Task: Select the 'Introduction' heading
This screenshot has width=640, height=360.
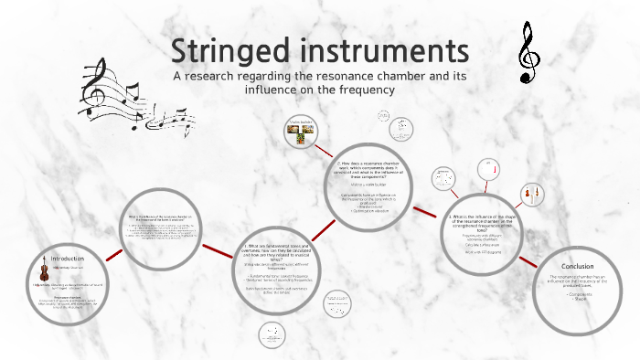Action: click(66, 259)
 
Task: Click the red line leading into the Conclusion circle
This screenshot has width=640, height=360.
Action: click(528, 266)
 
